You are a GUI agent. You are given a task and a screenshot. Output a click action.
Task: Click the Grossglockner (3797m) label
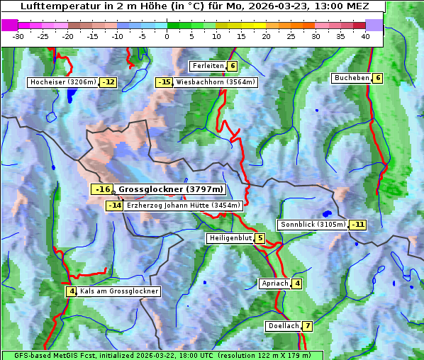click(171, 189)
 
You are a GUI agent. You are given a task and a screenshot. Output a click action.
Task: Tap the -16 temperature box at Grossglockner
click(102, 189)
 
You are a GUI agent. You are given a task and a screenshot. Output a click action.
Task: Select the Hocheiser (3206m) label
click(62, 82)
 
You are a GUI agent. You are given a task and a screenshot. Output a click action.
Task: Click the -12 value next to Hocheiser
click(108, 82)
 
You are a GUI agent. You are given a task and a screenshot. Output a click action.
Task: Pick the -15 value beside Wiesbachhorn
click(164, 82)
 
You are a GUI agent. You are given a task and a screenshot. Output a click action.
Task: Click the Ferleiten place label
click(208, 66)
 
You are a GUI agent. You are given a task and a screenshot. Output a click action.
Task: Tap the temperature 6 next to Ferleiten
click(233, 66)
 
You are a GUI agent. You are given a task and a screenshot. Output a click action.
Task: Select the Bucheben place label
click(352, 78)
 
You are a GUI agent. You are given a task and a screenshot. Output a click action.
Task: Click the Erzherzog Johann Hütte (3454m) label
click(184, 206)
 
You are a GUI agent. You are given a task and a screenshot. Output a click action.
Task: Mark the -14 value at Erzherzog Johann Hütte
click(114, 206)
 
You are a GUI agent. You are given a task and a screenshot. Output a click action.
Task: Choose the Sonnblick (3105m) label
click(313, 225)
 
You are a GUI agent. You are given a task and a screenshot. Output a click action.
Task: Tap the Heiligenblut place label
click(230, 238)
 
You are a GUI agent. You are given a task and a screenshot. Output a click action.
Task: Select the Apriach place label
click(274, 283)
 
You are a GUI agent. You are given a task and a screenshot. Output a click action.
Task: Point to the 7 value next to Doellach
click(308, 326)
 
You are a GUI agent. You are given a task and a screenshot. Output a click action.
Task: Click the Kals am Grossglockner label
click(118, 291)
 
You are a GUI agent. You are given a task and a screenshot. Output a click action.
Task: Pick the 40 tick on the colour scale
click(365, 35)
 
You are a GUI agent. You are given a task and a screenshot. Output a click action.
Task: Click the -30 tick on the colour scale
click(18, 35)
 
